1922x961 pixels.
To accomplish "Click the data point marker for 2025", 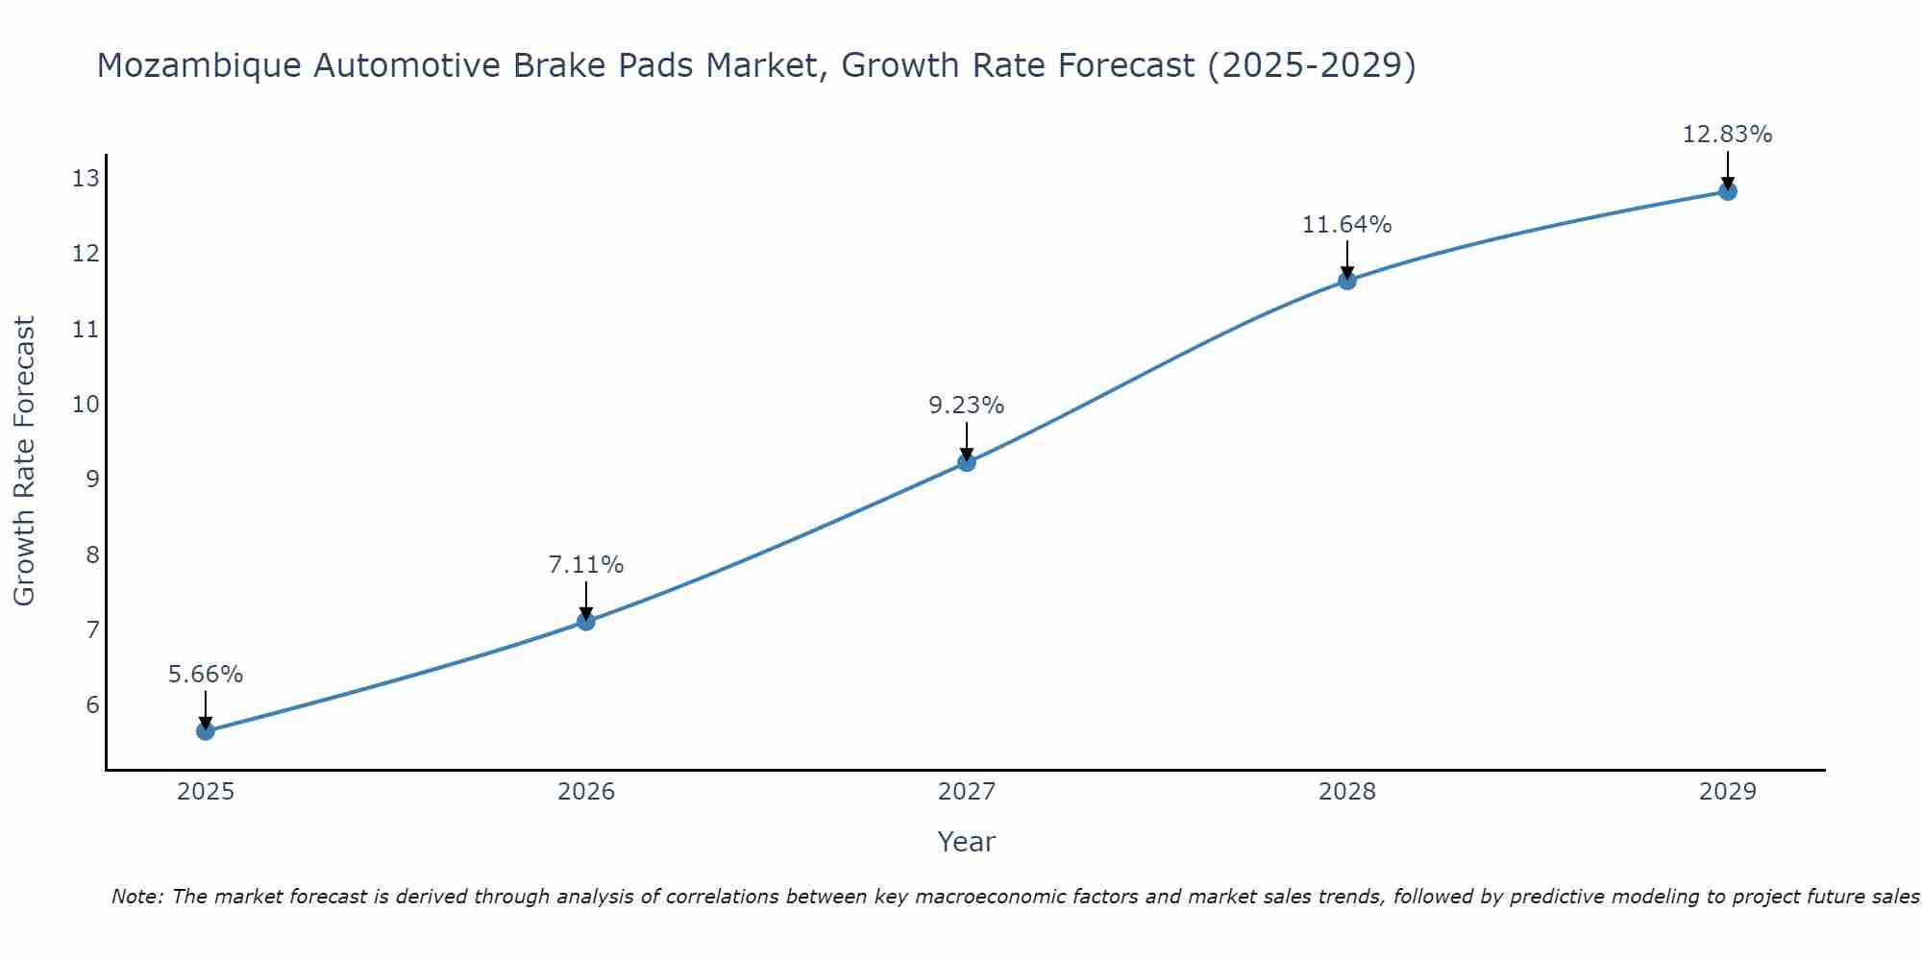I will (205, 731).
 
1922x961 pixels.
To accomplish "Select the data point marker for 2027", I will (966, 462).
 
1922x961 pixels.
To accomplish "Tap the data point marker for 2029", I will (1727, 191).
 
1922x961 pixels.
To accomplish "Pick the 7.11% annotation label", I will (585, 565).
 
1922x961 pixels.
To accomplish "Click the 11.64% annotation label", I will (1346, 225).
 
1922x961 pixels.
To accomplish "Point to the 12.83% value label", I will (1727, 135).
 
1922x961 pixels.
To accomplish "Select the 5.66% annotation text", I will (205, 675).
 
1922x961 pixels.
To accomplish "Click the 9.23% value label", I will (966, 406).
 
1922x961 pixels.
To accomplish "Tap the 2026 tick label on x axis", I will (585, 792).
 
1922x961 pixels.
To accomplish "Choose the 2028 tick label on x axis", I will (1346, 792).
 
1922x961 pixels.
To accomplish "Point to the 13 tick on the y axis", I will (86, 179).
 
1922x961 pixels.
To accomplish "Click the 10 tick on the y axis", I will (86, 404).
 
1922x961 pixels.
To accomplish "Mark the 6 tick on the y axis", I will (92, 704).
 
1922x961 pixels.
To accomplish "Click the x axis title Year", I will (966, 842).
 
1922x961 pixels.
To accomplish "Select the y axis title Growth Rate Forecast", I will (24, 461).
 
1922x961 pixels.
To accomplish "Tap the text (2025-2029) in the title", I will (1311, 65).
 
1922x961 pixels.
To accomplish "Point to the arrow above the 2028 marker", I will (1346, 258).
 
